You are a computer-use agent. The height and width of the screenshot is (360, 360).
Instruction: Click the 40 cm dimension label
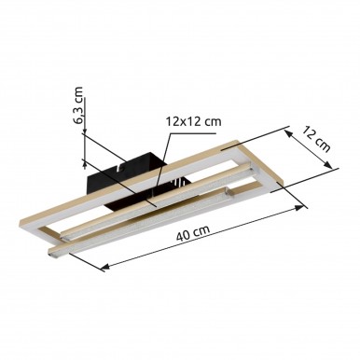pos(193,233)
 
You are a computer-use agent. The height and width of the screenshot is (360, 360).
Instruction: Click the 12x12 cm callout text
pos(193,121)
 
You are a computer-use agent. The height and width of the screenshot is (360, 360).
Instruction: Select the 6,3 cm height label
pos(79,105)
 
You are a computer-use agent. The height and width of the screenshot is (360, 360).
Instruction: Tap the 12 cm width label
pos(316,139)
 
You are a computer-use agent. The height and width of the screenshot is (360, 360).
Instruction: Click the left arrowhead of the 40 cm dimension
pos(104,266)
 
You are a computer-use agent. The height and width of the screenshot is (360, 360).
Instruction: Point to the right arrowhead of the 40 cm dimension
pos(299,208)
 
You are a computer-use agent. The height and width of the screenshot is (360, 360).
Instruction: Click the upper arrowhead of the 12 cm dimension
pos(288,133)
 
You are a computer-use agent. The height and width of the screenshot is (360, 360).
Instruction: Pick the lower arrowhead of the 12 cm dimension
pos(327,164)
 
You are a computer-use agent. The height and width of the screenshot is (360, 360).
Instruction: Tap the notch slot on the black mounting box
pos(119,168)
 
